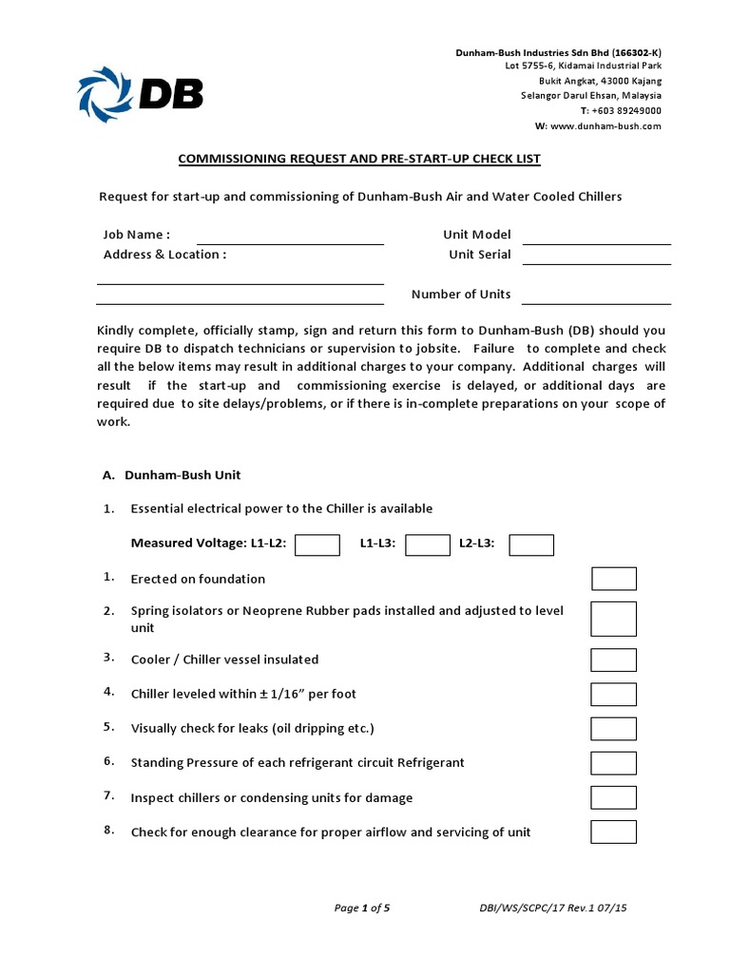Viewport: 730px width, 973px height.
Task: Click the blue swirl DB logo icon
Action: (106, 93)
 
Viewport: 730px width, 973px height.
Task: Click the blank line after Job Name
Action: (290, 238)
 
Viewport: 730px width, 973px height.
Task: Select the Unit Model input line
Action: (596, 238)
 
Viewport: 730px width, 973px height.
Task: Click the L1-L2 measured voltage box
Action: (317, 544)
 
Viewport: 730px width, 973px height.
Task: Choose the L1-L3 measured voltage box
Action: (428, 544)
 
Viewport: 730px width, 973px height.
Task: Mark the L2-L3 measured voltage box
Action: (531, 544)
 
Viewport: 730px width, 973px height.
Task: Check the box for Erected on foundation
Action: (614, 579)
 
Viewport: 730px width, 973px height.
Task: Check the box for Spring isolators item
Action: (614, 619)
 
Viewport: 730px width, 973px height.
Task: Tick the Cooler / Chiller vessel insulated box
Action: (614, 659)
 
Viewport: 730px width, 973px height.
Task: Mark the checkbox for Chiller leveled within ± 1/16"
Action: (614, 694)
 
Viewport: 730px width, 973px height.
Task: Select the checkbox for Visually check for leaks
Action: (614, 728)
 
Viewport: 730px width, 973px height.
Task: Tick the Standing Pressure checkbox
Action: (614, 763)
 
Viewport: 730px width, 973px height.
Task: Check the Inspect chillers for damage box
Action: (614, 797)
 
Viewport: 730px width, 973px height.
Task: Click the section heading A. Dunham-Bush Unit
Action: (178, 474)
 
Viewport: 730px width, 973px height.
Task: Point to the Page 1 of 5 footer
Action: (362, 908)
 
